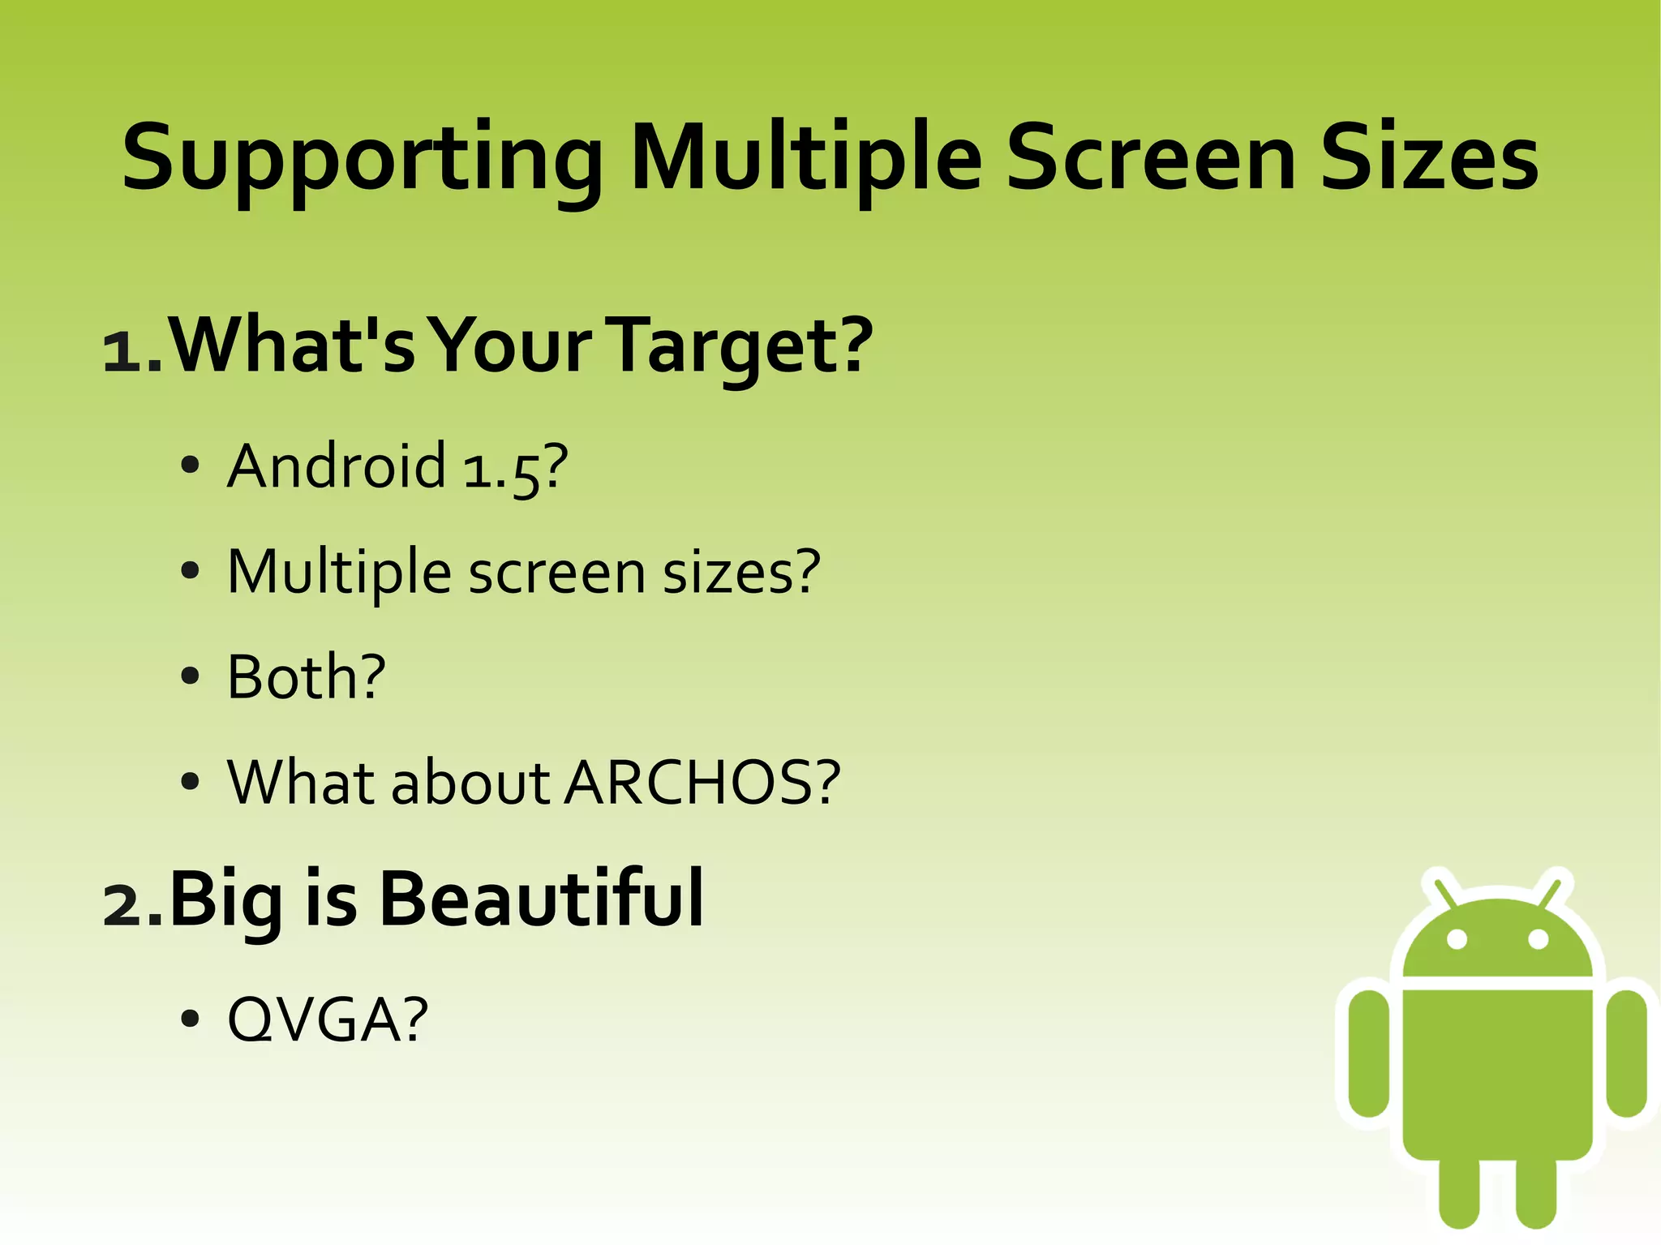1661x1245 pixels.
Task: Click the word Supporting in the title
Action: pos(361,158)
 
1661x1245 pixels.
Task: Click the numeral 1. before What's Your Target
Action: pos(132,351)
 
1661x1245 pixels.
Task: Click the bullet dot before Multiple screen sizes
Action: pos(190,571)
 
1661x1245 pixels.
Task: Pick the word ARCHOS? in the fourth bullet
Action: pos(702,783)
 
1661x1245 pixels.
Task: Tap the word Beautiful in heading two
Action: pos(541,899)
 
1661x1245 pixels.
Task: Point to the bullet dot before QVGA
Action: pos(190,1019)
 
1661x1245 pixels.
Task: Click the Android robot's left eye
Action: pos(1457,939)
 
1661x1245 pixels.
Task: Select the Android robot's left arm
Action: pos(1369,1052)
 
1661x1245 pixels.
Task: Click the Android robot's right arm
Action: pos(1626,1052)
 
